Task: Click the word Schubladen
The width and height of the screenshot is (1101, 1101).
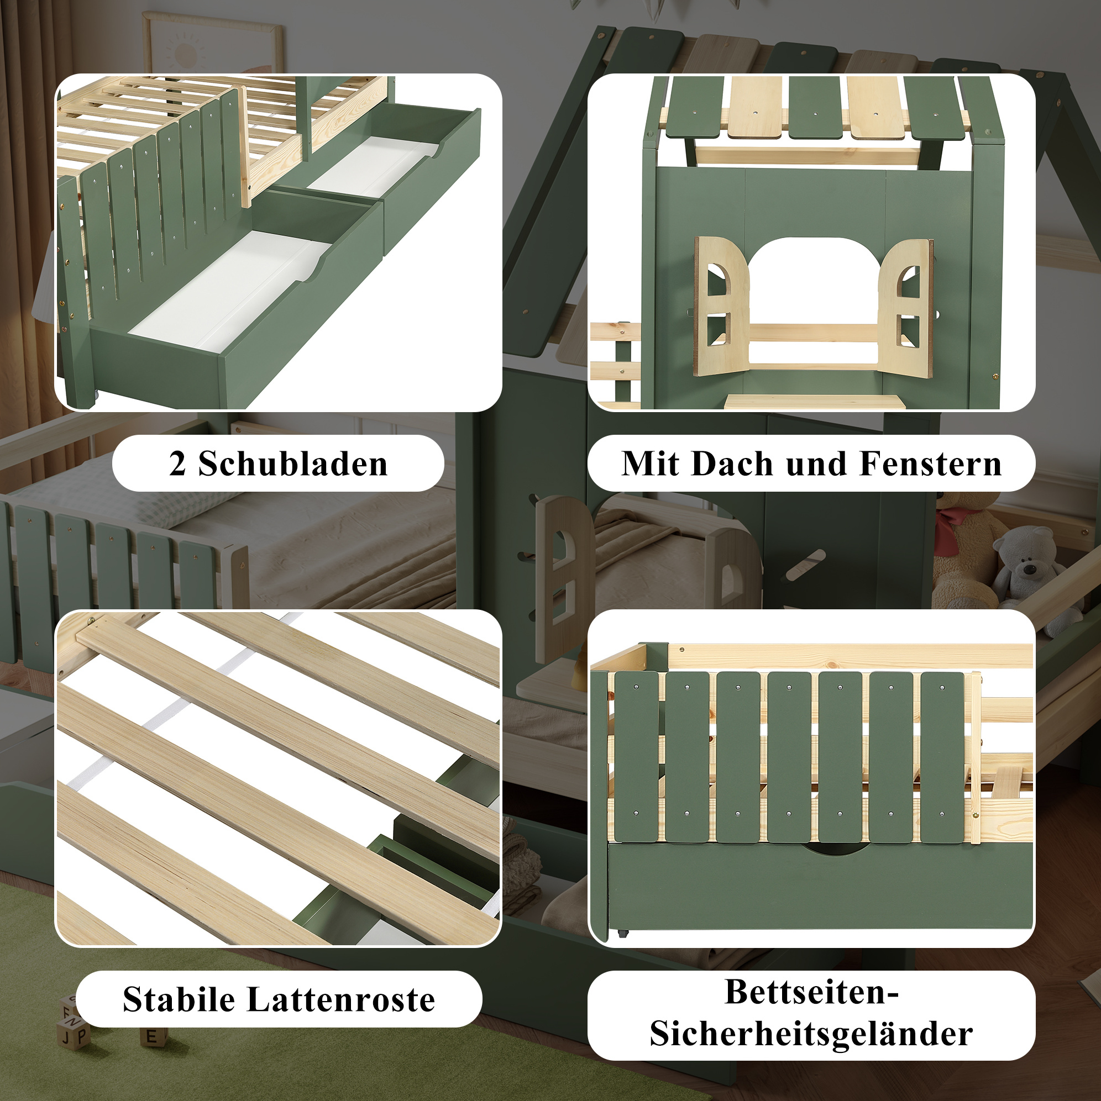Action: pos(293,464)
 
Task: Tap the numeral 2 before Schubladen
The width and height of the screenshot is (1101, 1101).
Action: pos(177,464)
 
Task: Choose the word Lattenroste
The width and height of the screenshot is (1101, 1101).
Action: pos(341,999)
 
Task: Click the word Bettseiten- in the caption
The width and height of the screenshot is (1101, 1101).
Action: pos(812,992)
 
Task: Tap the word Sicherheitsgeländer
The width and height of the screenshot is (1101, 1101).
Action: pos(811,1034)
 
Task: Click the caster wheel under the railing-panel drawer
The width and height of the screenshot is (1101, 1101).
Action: pos(621,934)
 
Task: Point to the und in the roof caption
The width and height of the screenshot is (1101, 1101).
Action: pos(816,464)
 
